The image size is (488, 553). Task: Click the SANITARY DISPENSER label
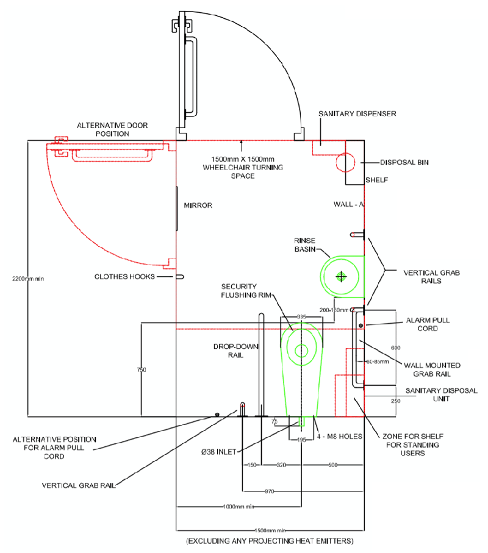357,114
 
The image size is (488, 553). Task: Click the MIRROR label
198,205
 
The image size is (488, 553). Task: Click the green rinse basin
341,276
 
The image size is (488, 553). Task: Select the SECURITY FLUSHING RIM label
239,290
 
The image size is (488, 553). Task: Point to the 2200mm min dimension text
27,279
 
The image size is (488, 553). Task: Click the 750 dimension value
142,370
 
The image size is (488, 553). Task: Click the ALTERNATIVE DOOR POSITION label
112,129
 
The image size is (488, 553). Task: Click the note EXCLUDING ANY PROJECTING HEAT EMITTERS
270,541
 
